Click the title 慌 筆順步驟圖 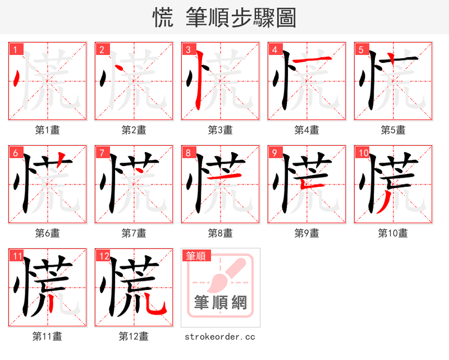tap(224, 17)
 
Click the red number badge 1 tap(15, 50)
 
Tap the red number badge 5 tap(361, 50)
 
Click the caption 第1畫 tap(48, 130)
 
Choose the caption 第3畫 tap(221, 130)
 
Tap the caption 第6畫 tap(48, 233)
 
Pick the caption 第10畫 tap(393, 233)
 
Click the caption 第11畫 tap(48, 336)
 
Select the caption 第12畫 tap(134, 336)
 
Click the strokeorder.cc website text tap(220, 336)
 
